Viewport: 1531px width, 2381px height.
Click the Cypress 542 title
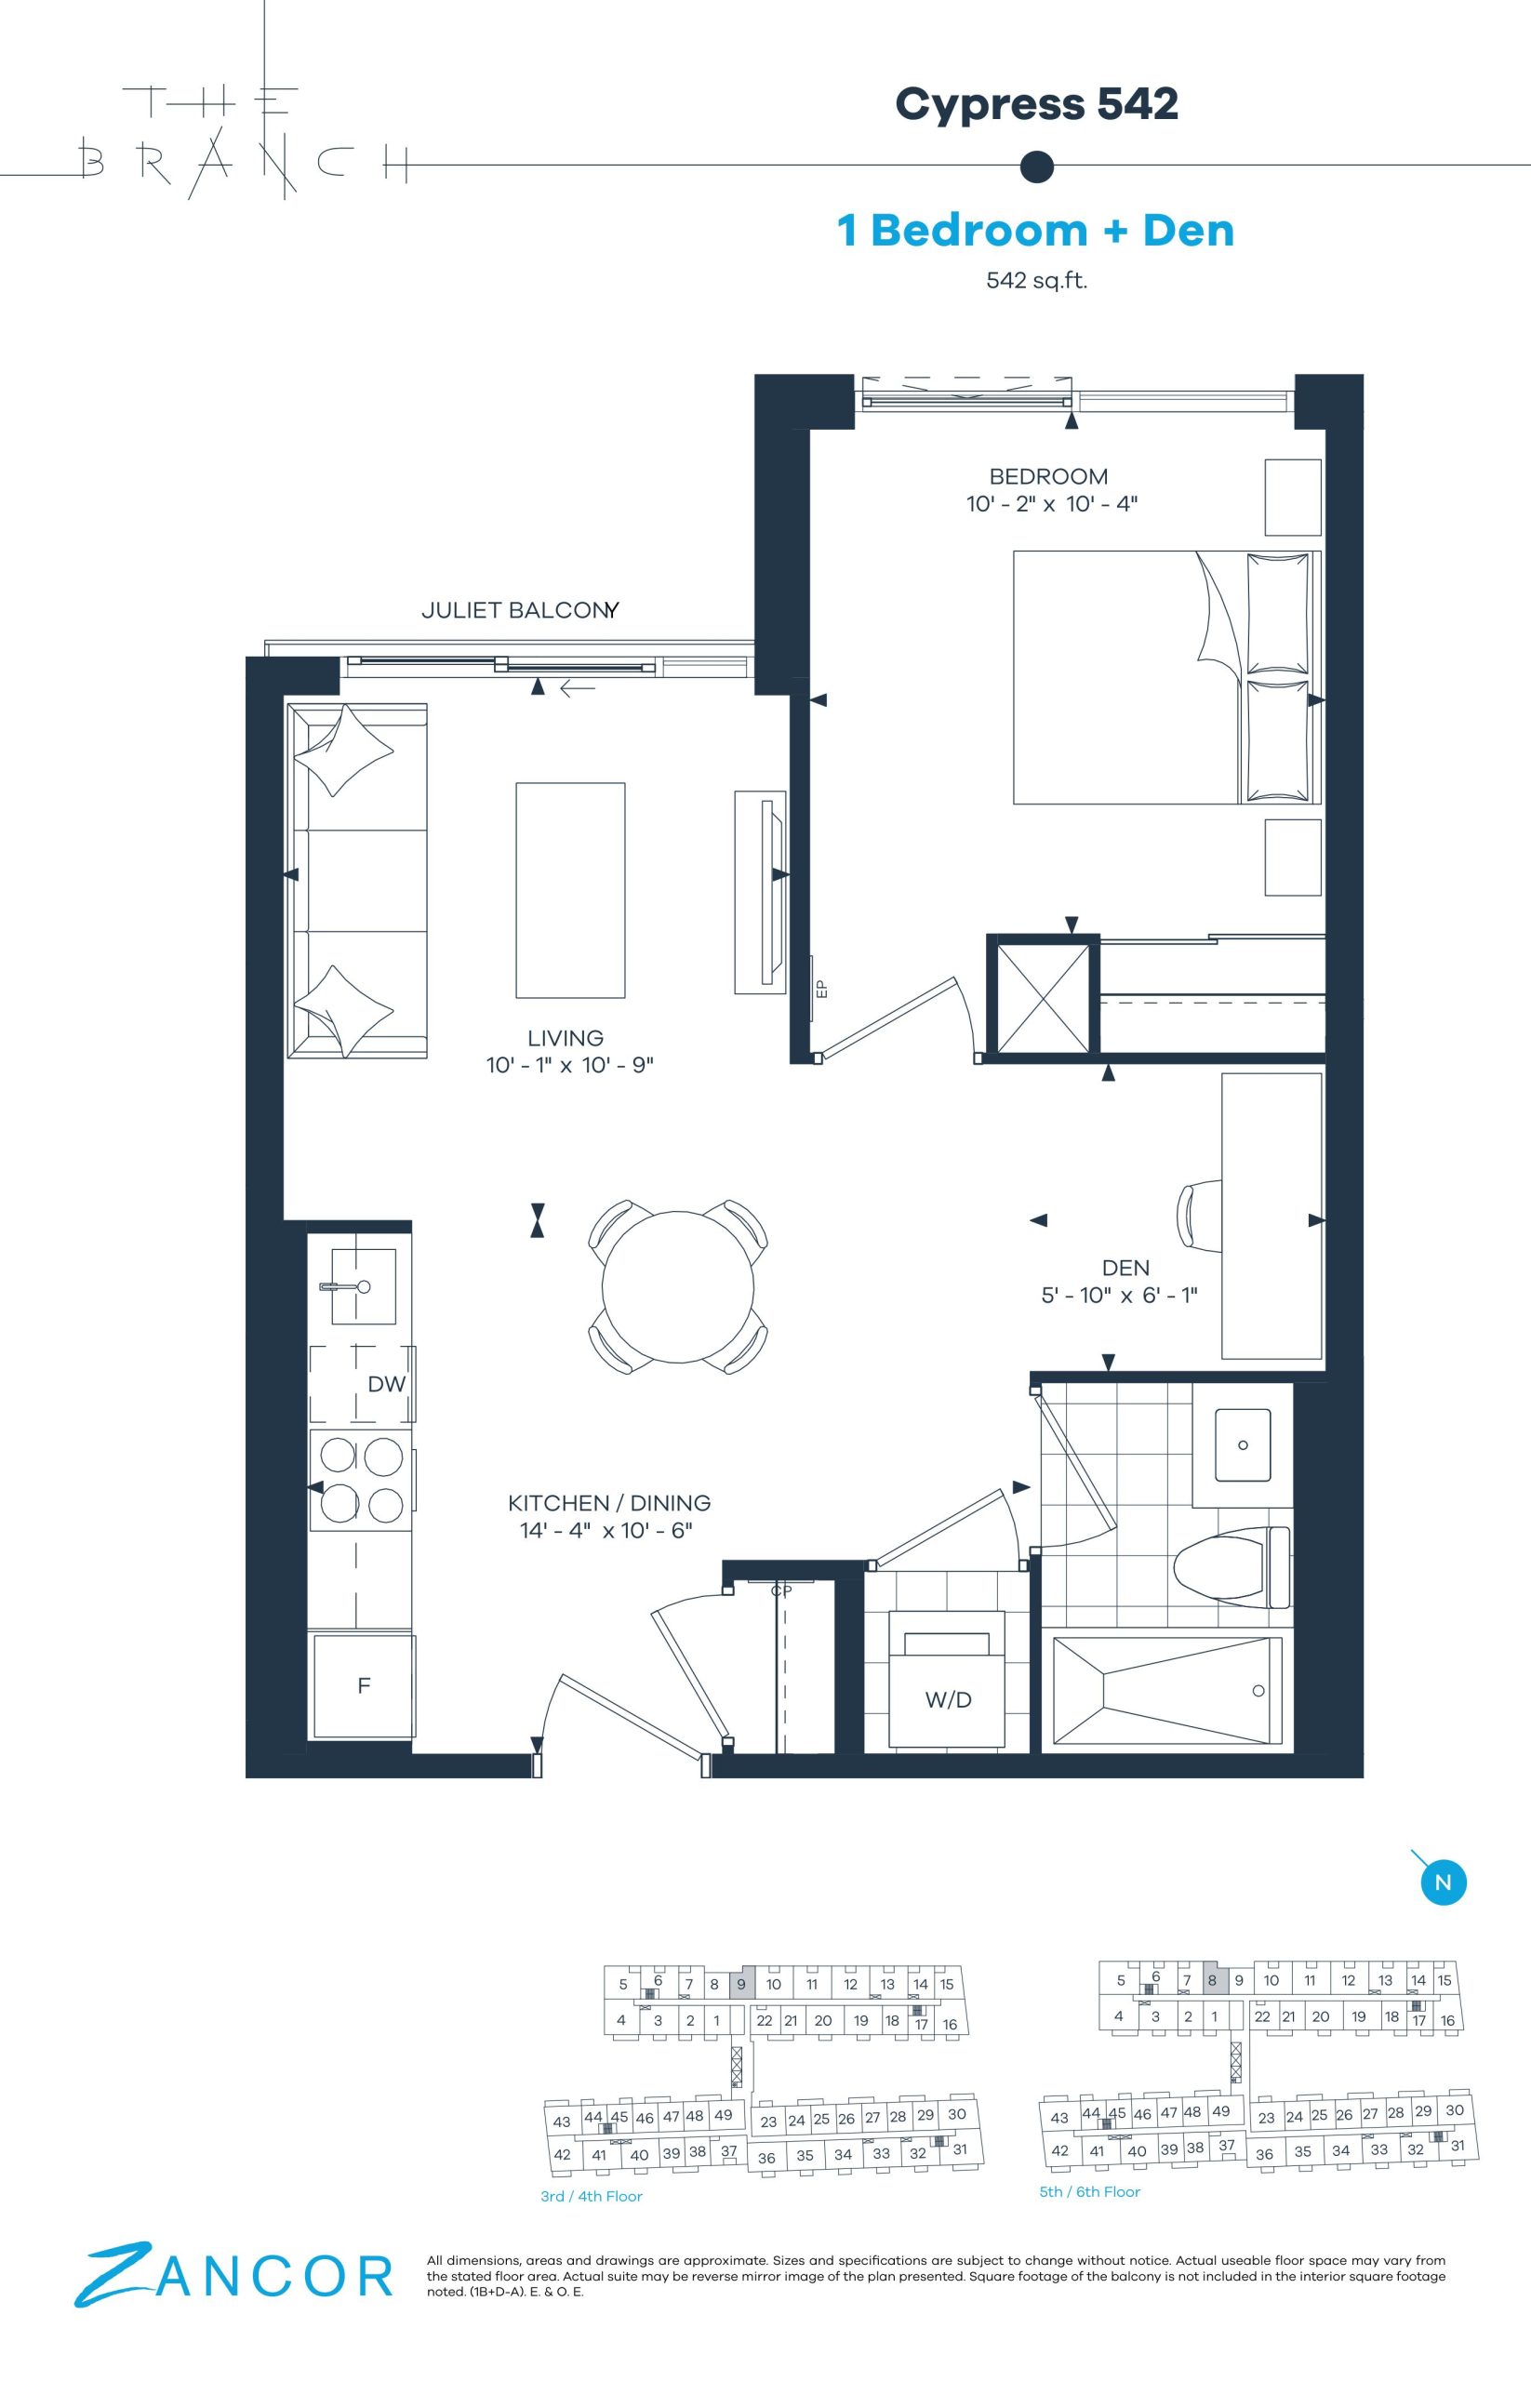[1037, 104]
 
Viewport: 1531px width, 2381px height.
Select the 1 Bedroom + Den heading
[1036, 230]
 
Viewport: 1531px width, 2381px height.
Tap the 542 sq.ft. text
[1037, 280]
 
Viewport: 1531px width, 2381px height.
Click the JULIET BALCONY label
[520, 610]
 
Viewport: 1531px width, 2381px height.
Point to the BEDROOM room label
[1048, 476]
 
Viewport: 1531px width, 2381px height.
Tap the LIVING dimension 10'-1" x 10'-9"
[569, 1065]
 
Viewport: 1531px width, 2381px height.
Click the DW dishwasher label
[387, 1384]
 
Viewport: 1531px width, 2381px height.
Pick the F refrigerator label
[364, 1685]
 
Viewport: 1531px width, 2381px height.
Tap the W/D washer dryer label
[949, 1700]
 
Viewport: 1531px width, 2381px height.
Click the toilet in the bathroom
[1231, 1568]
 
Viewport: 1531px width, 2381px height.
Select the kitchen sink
[364, 1286]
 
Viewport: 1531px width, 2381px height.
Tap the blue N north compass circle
[1444, 1882]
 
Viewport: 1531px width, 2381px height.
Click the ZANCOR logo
[234, 2275]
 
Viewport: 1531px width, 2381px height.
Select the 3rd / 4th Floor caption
[592, 2196]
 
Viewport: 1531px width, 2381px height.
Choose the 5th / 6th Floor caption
[1089, 2191]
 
